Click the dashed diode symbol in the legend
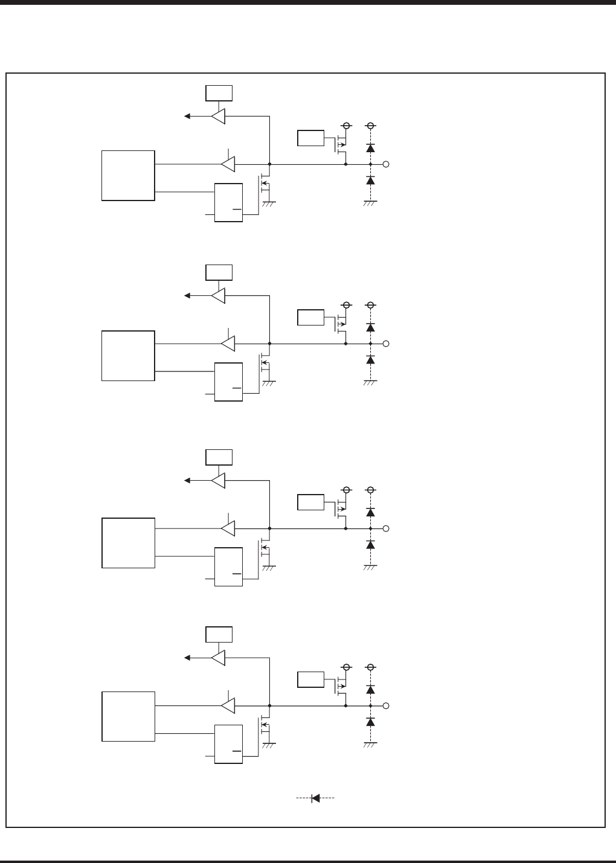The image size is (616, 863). tap(315, 798)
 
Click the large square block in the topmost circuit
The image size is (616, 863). tap(128, 175)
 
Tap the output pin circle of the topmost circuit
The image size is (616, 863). tap(386, 164)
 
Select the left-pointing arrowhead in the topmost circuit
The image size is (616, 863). tap(188, 116)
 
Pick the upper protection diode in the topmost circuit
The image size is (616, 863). tap(371, 147)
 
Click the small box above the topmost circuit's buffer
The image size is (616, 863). tap(219, 92)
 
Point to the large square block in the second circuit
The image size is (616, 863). tap(128, 355)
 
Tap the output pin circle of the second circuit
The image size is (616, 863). tap(386, 344)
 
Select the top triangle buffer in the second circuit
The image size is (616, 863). tap(219, 296)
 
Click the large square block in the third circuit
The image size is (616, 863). tap(128, 542)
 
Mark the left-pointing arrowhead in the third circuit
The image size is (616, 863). tap(188, 480)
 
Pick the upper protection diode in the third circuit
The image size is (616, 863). tap(371, 512)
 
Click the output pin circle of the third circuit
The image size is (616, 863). tap(386, 528)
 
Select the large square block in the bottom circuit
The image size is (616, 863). tap(128, 716)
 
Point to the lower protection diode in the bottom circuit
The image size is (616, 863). tap(371, 722)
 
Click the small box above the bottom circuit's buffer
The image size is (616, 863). tap(219, 635)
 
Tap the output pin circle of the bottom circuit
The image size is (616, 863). tap(386, 705)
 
